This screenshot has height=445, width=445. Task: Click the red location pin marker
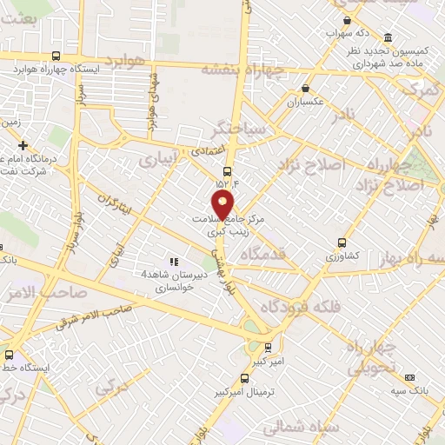click(x=224, y=205)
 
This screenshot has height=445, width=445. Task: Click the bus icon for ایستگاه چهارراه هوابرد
click(x=56, y=55)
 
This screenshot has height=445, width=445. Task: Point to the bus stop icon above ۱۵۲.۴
click(x=227, y=171)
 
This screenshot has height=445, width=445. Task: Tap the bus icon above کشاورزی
click(x=342, y=243)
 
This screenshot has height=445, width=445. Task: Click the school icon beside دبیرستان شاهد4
click(x=174, y=261)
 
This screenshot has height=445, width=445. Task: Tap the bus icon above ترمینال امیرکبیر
click(x=244, y=378)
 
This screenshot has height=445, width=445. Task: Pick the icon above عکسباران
click(x=305, y=88)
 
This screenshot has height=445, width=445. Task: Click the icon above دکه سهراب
click(x=347, y=21)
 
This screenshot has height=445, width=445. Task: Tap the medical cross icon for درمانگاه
click(x=23, y=145)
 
